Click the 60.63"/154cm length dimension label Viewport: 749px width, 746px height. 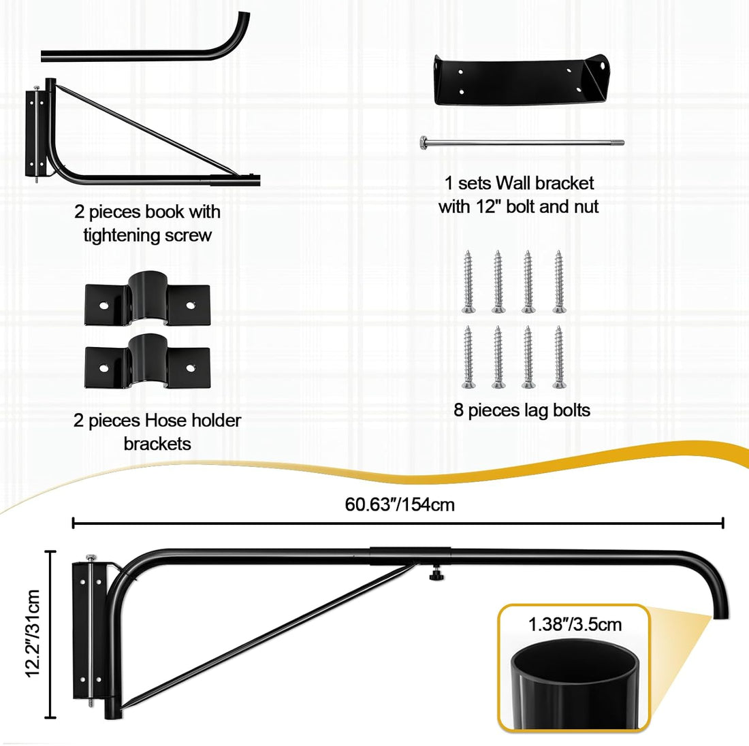click(x=399, y=504)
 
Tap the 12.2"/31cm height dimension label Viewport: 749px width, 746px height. click(x=33, y=633)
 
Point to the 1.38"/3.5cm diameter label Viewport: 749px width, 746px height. click(x=575, y=624)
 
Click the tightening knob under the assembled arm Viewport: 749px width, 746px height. click(x=436, y=572)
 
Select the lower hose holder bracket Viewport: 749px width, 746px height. click(x=147, y=361)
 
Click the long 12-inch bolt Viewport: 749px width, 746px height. click(x=522, y=142)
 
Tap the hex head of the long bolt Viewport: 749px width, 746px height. click(x=424, y=142)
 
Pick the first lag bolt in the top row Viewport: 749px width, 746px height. click(x=468, y=282)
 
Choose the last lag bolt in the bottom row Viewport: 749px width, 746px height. click(x=559, y=357)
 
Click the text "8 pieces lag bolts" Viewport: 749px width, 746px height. click(x=522, y=410)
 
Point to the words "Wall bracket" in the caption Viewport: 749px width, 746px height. click(x=545, y=183)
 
